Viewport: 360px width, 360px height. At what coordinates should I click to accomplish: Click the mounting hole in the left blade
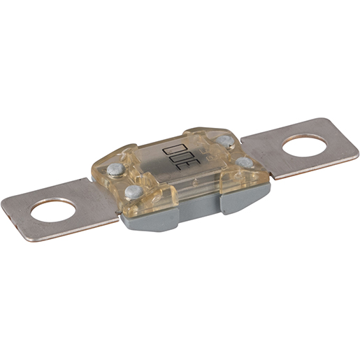click(x=53, y=211)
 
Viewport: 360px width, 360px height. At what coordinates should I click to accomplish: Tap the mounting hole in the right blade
click(x=304, y=146)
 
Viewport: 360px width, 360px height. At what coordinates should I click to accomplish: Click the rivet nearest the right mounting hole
click(x=244, y=162)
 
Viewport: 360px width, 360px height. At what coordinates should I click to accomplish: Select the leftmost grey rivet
click(x=115, y=169)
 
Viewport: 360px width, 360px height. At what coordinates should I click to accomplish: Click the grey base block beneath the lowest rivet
click(x=149, y=220)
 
